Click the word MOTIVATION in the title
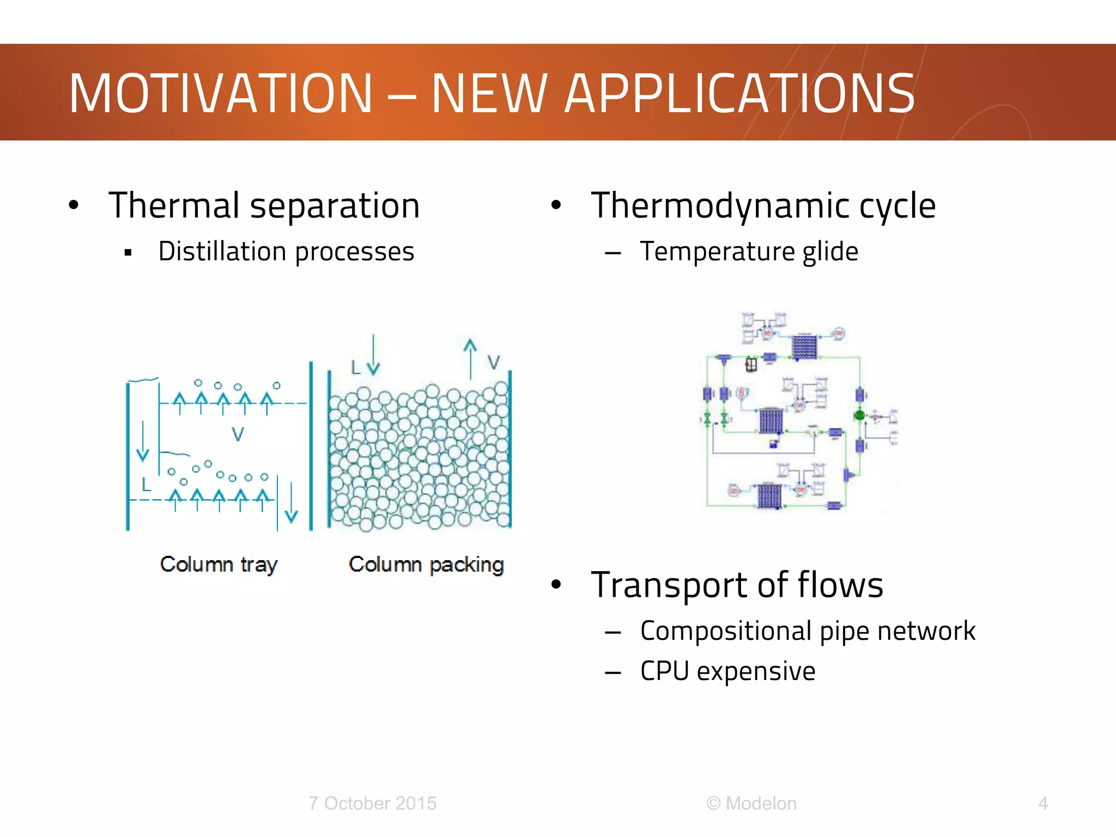pyautogui.click(x=221, y=94)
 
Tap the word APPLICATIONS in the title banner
pyautogui.click(x=739, y=94)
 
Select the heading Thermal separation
pyautogui.click(x=264, y=206)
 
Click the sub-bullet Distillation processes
pyautogui.click(x=286, y=252)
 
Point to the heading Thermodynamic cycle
pyautogui.click(x=763, y=206)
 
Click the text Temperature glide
pyautogui.click(x=749, y=252)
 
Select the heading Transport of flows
pyautogui.click(x=737, y=585)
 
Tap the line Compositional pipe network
pyautogui.click(x=807, y=631)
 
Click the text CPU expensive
pyautogui.click(x=727, y=671)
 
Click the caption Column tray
pyautogui.click(x=219, y=565)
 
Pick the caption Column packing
pyautogui.click(x=426, y=565)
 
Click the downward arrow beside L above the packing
pyautogui.click(x=373, y=355)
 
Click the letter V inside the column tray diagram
pyautogui.click(x=238, y=434)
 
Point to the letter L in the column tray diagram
pyautogui.click(x=145, y=484)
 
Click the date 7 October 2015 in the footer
pyautogui.click(x=372, y=803)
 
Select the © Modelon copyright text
pyautogui.click(x=751, y=803)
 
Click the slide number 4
pyautogui.click(x=1043, y=803)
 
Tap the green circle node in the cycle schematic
pyautogui.click(x=859, y=416)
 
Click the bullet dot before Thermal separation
pyautogui.click(x=74, y=205)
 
